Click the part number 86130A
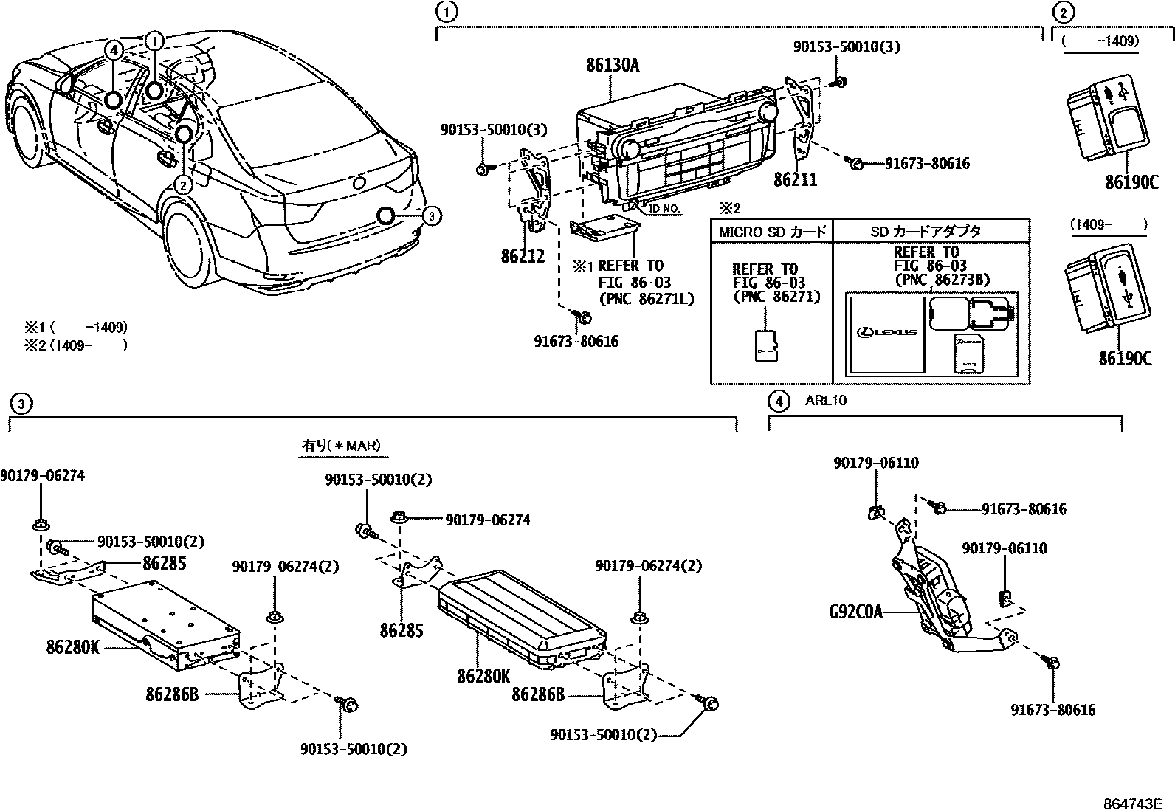click(613, 66)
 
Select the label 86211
click(795, 180)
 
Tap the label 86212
click(523, 257)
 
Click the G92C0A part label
click(855, 612)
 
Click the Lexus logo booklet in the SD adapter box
click(886, 334)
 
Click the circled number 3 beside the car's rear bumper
click(433, 215)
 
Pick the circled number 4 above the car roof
click(112, 50)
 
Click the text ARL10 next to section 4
click(826, 401)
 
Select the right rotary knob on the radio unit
click(767, 111)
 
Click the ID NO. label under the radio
click(664, 210)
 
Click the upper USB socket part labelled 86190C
click(1108, 118)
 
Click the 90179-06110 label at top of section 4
click(876, 463)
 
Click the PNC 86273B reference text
click(941, 280)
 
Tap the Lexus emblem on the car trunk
click(359, 184)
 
